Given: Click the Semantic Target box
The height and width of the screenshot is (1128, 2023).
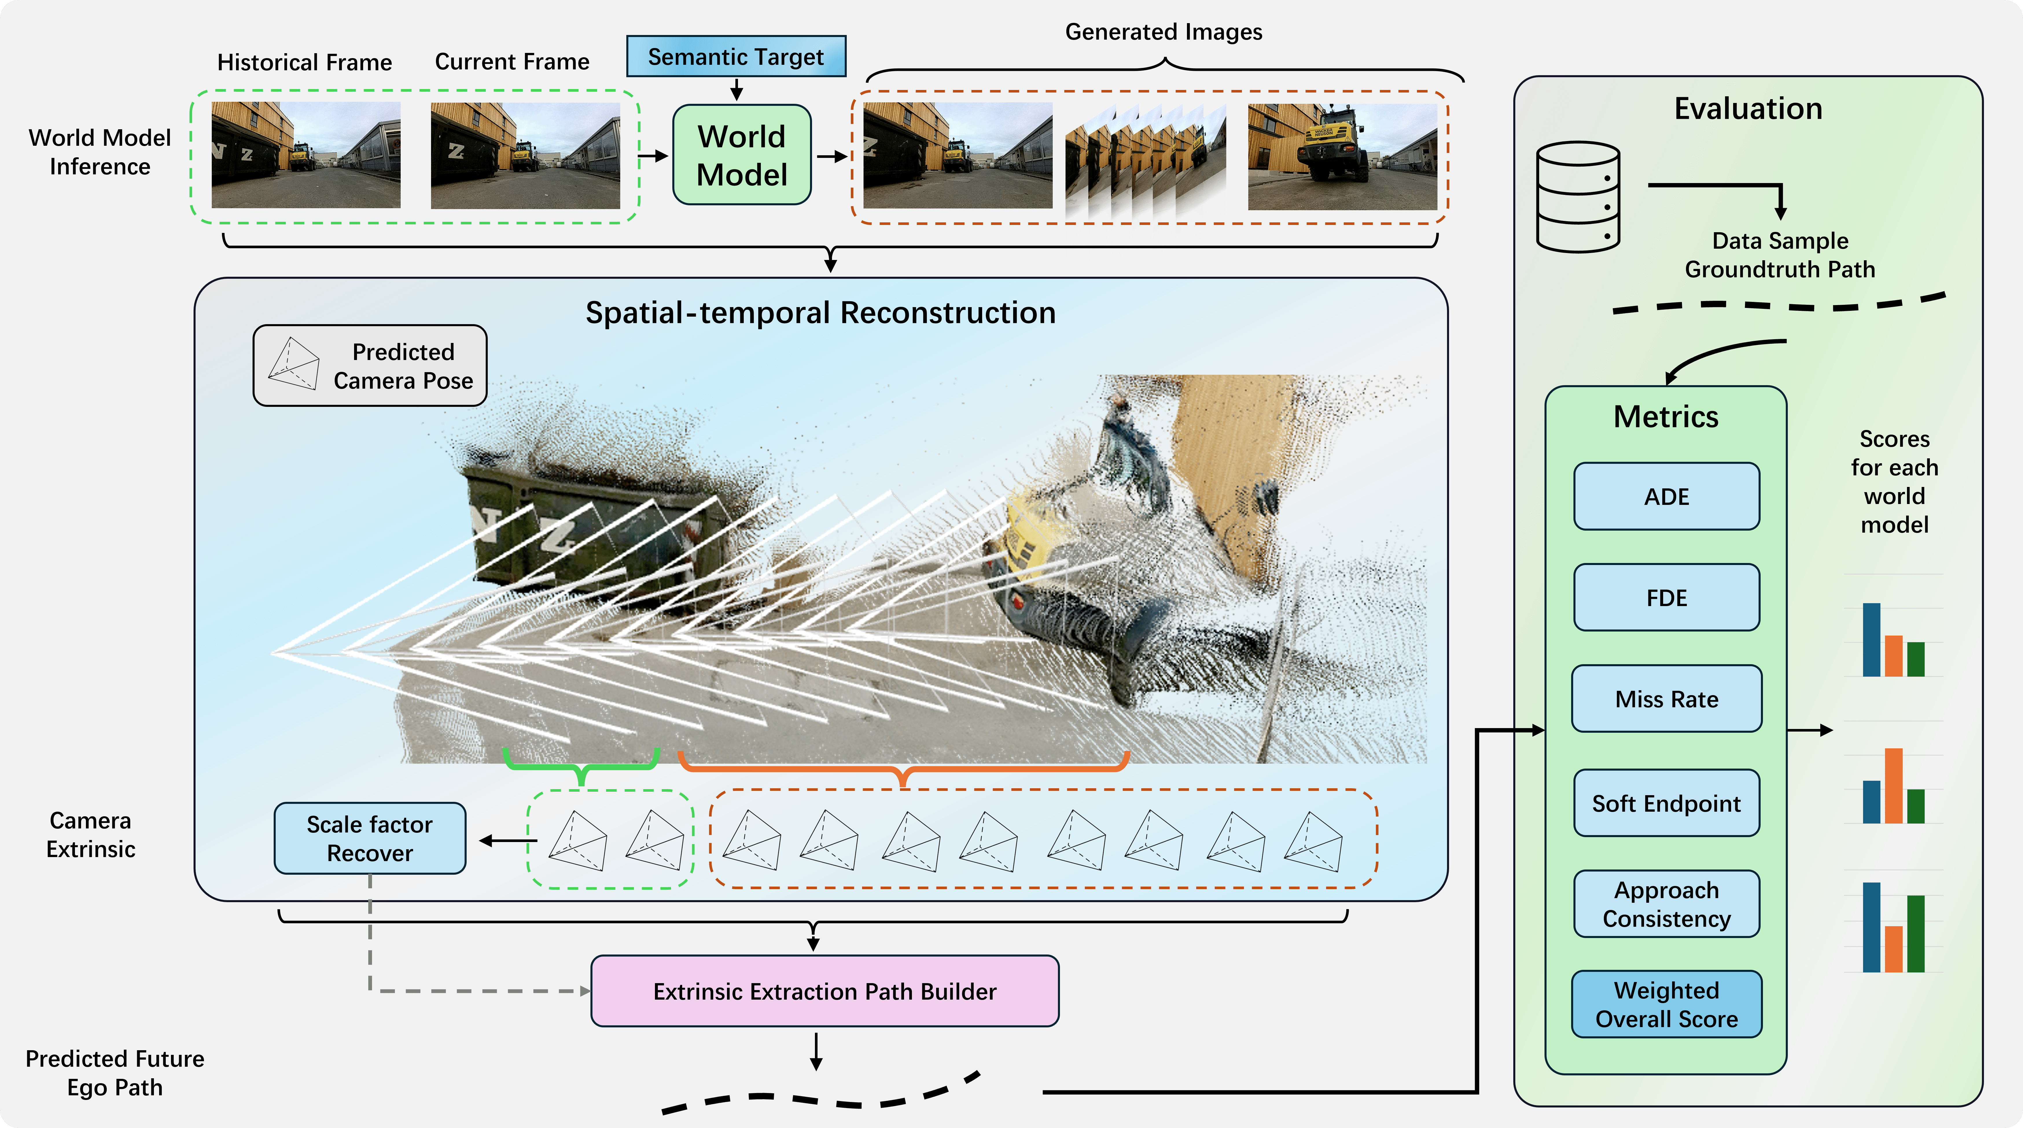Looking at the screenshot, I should [x=736, y=56].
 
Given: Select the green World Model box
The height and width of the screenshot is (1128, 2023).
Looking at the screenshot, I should [x=741, y=156].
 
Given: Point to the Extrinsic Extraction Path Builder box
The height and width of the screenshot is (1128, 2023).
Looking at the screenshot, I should [x=824, y=991].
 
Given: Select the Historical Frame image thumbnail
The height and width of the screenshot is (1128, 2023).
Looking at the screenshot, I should [x=306, y=155].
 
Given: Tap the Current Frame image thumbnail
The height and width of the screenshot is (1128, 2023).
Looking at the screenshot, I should [x=524, y=155].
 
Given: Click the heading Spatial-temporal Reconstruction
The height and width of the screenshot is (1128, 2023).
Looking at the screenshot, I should [x=821, y=312].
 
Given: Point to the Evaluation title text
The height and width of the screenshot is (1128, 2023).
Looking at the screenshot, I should [x=1748, y=108].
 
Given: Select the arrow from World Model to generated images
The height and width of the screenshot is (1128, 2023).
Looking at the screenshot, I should [x=832, y=156].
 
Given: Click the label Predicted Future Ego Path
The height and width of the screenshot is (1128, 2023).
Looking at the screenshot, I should [x=115, y=1072].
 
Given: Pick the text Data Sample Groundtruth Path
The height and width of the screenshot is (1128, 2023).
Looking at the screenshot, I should [x=1779, y=254].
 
